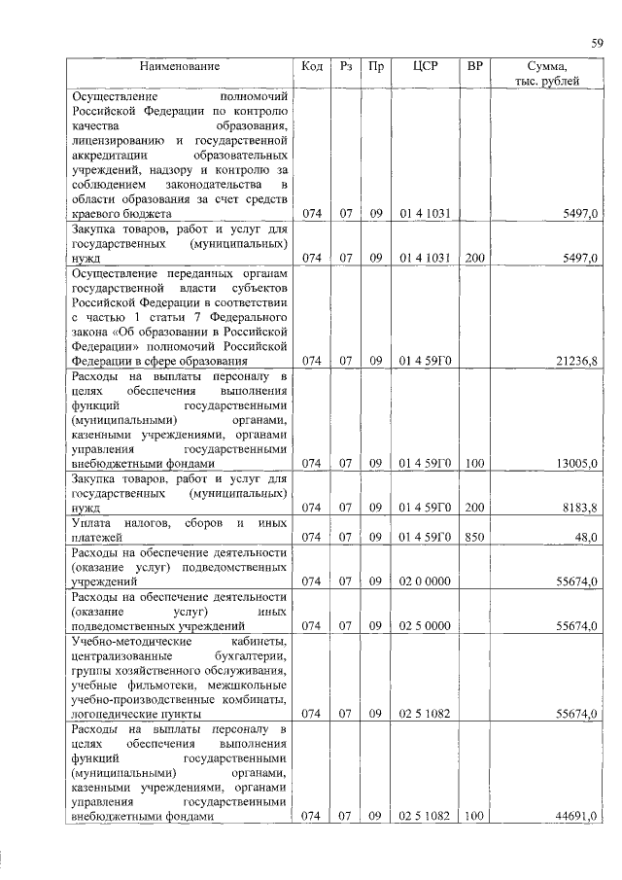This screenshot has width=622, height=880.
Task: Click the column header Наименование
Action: (180, 66)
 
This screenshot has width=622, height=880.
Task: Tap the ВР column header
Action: (474, 66)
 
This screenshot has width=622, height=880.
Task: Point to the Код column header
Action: (312, 66)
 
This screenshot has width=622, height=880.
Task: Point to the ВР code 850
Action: (474, 536)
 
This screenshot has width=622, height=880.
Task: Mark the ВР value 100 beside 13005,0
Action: (474, 465)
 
